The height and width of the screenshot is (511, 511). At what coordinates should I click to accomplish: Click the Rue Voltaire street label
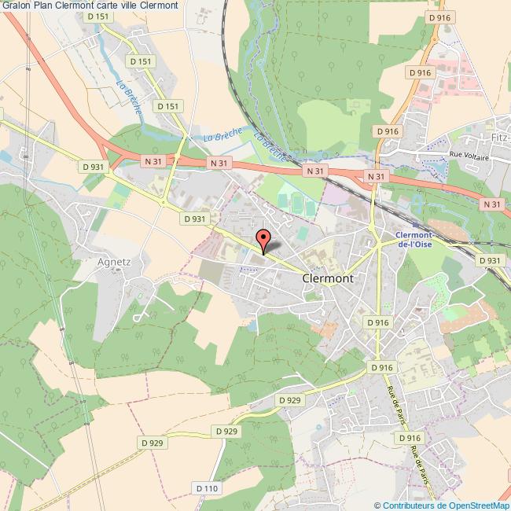pos(469,157)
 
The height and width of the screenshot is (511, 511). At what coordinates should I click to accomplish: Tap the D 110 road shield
pos(207,489)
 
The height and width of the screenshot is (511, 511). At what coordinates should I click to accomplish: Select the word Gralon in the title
pos(16,6)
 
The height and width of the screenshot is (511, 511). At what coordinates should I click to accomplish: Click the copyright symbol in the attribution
pos(378,505)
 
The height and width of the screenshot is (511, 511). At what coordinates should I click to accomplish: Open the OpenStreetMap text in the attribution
pos(479,505)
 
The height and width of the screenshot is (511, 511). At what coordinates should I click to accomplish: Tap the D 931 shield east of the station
pos(489,261)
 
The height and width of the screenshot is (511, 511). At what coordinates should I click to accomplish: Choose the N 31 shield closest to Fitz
pos(493,204)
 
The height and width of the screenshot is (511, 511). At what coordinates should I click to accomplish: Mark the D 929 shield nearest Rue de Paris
pos(290,400)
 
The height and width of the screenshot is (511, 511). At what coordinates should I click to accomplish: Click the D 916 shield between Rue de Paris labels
pos(410,438)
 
